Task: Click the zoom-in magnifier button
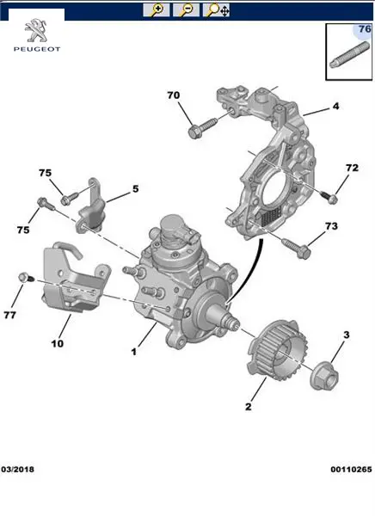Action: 157,9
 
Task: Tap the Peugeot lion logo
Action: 36,30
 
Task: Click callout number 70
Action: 174,95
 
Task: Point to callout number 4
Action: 335,107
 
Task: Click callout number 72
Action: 352,168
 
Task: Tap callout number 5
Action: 136,189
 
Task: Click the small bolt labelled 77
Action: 26,278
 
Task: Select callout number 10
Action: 58,343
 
